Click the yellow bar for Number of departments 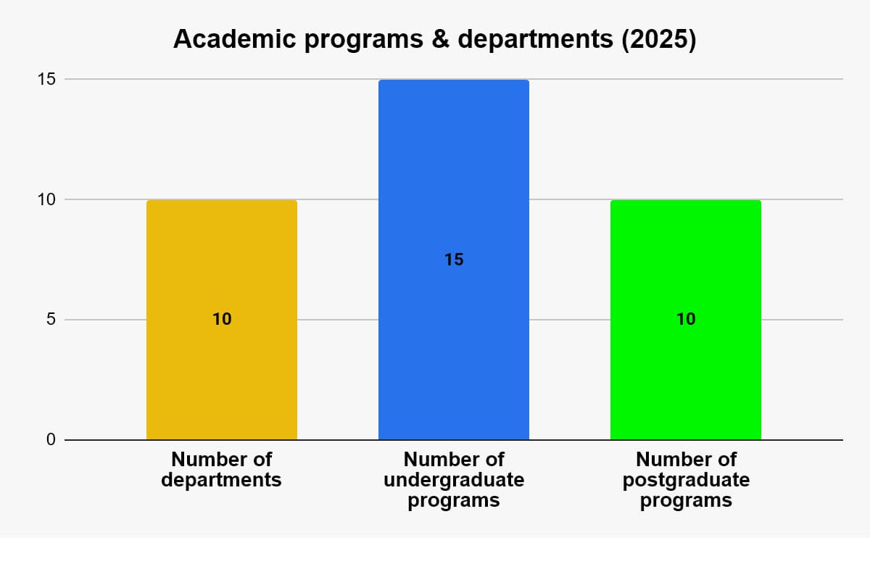click(221, 377)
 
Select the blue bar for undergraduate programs click(453, 181)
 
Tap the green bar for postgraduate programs click(685, 377)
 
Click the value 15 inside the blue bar click(454, 260)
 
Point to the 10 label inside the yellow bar click(222, 319)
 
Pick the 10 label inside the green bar click(686, 319)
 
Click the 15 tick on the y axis click(46, 79)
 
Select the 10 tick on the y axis click(46, 199)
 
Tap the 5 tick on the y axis click(51, 320)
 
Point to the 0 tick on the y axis click(51, 440)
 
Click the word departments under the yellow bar click(221, 480)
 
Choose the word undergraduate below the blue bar click(453, 480)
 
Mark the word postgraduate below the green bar click(686, 480)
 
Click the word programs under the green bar click(686, 500)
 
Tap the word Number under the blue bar click(434, 460)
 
